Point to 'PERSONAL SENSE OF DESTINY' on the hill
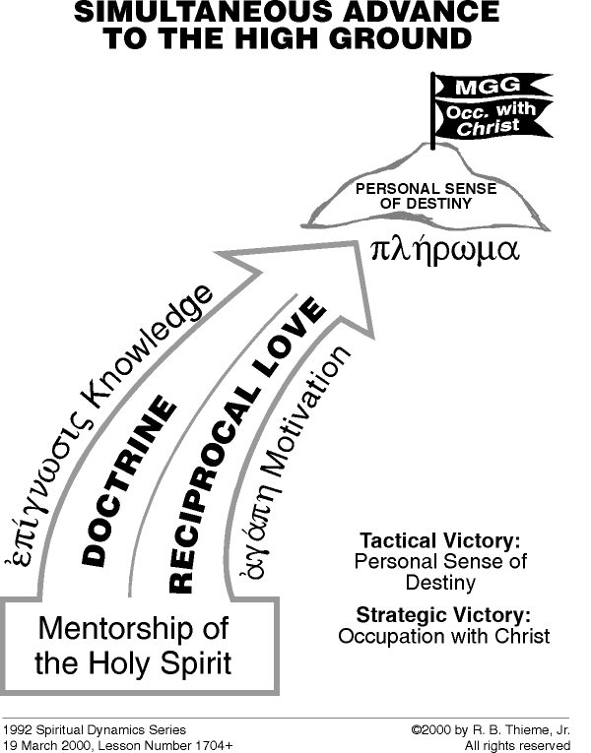(412, 196)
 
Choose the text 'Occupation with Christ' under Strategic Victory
(443, 636)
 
